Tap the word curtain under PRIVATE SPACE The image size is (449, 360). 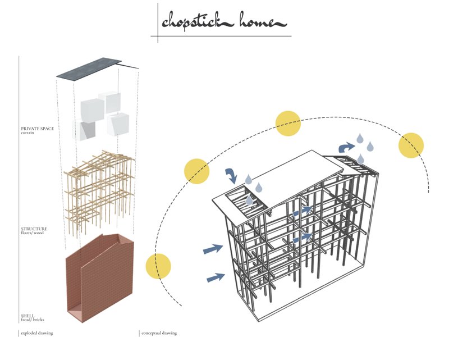[29, 133]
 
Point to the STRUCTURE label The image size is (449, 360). [34, 229]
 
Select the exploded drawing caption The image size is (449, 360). [37, 333]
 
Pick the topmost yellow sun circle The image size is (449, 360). [288, 124]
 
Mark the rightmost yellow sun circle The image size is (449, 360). [411, 145]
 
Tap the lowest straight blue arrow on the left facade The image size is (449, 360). [216, 276]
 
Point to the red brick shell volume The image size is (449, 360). [98, 281]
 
